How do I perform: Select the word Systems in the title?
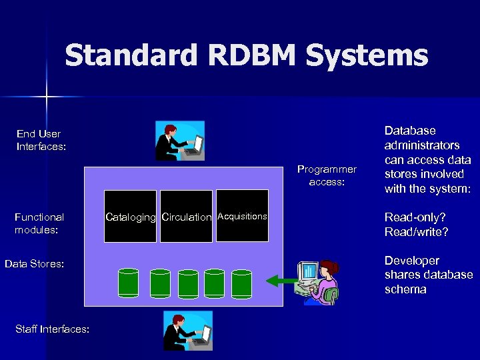point(367,56)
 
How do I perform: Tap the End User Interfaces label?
point(41,141)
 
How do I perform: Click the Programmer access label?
point(327,175)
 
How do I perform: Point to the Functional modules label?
point(39,223)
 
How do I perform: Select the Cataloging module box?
point(131,217)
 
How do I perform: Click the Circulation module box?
point(186,217)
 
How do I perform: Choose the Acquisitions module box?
point(242,216)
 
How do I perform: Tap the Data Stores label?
point(35,264)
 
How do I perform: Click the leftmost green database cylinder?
point(128,283)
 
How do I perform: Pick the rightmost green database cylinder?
point(241,283)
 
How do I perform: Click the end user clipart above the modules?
point(179,141)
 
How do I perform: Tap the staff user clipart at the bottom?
point(187,331)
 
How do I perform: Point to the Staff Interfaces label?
point(51,329)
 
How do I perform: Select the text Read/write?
point(417,232)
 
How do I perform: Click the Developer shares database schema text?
point(428,275)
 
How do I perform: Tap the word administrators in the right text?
point(422,145)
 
